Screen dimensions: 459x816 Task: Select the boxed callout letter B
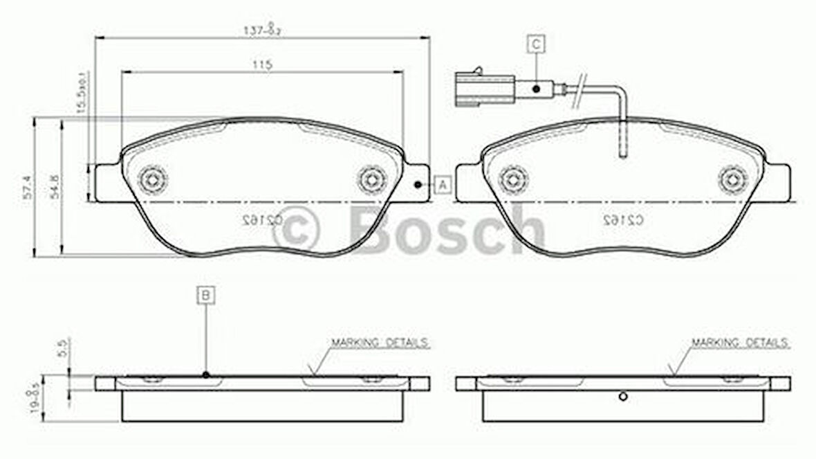pos(206,295)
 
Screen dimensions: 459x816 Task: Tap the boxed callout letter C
pos(536,44)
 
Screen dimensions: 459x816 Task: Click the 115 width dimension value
pos(261,65)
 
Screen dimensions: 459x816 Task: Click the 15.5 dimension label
pos(82,93)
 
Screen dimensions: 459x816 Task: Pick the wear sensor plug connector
pos(483,89)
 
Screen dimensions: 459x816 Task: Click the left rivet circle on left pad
pos(152,179)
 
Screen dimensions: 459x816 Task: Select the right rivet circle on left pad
pos(372,179)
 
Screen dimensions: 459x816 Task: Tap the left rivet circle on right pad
pos(512,179)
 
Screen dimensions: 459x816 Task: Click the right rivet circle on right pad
pos(732,179)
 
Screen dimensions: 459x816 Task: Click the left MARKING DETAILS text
pos(380,343)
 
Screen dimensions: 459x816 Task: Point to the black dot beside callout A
pos(418,185)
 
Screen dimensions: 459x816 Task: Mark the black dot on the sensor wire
pos(536,89)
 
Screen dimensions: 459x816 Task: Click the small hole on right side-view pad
pos(622,396)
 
